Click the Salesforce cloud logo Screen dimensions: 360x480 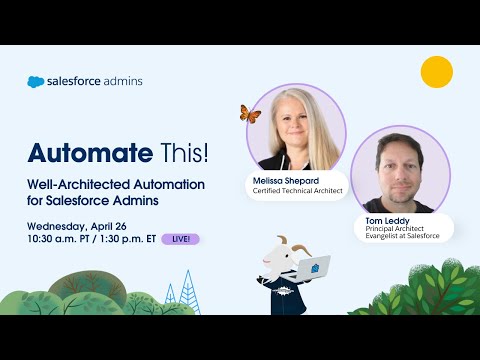click(x=36, y=82)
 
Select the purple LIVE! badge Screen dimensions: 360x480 click(x=180, y=239)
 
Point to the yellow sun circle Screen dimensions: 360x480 click(x=436, y=72)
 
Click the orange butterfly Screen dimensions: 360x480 click(x=250, y=114)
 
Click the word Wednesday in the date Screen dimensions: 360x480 click(x=62, y=225)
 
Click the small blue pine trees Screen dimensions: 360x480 click(x=175, y=296)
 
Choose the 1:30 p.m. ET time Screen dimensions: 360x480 click(x=137, y=239)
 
